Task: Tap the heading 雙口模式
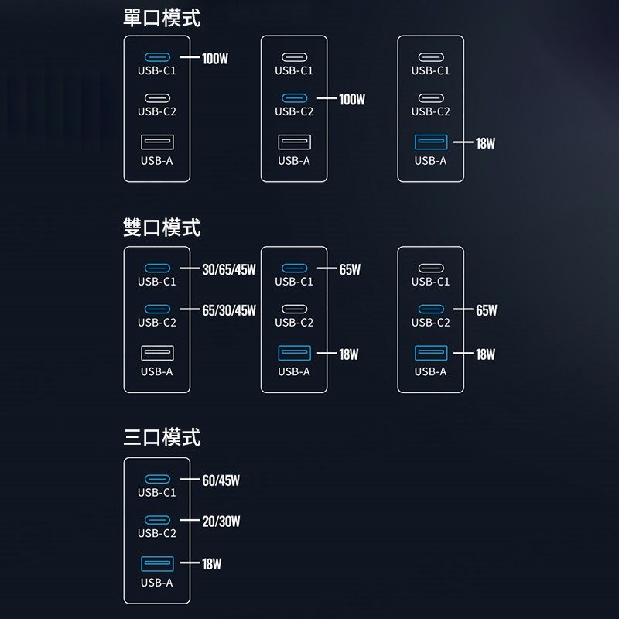[162, 227]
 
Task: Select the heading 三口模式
[162, 438]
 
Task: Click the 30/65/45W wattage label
[228, 270]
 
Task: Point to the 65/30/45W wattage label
[228, 311]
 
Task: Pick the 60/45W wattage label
[221, 480]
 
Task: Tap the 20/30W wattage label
[221, 522]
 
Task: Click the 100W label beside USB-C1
[214, 58]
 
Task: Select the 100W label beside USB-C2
[351, 99]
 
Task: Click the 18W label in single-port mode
[485, 143]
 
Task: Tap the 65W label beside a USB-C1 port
[350, 270]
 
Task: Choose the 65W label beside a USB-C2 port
[486, 311]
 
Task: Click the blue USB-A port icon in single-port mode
[431, 142]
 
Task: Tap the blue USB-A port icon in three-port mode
[157, 563]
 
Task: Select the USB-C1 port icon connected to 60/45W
[157, 480]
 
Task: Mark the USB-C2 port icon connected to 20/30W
[157, 521]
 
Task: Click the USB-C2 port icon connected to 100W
[294, 98]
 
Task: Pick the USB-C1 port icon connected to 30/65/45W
[157, 268]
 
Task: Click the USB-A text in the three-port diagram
[157, 583]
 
